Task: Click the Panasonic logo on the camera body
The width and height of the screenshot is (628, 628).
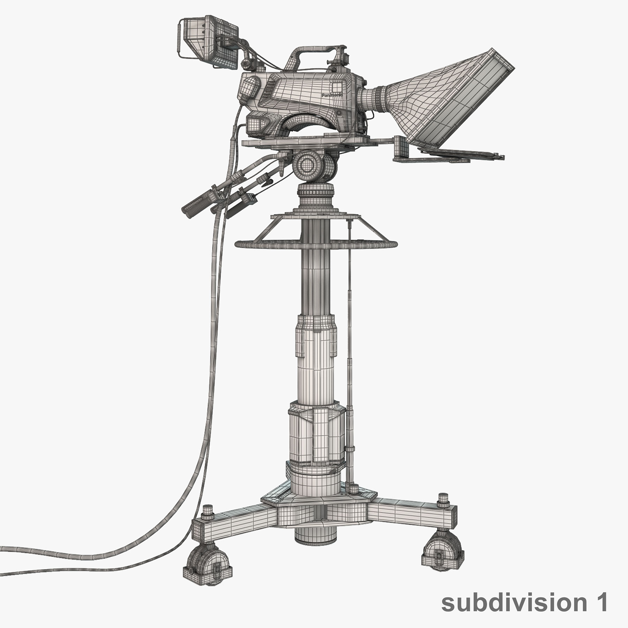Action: tap(331, 95)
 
